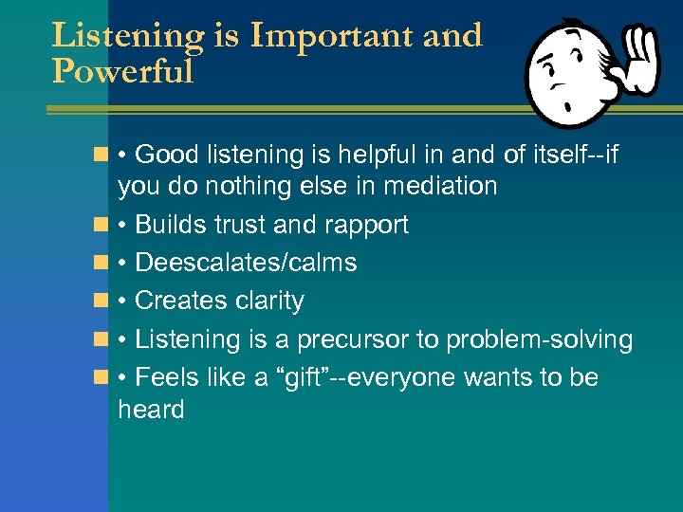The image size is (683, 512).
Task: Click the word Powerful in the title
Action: click(x=122, y=72)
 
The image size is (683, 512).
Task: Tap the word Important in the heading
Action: click(x=341, y=36)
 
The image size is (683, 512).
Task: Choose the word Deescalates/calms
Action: click(x=246, y=263)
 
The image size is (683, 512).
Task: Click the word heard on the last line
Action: click(x=151, y=410)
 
